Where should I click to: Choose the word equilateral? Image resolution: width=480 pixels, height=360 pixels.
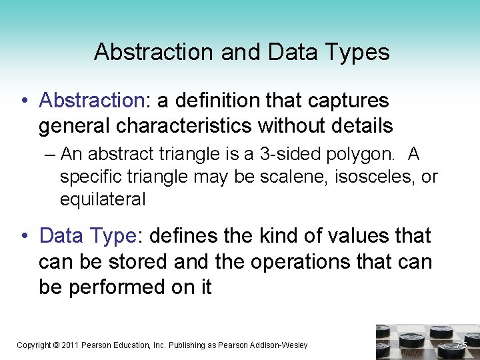pyautogui.click(x=103, y=199)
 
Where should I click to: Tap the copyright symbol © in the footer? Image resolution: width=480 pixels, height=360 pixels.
pyautogui.click(x=56, y=345)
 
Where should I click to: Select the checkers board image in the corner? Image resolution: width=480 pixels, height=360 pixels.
pyautogui.click(x=427, y=341)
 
